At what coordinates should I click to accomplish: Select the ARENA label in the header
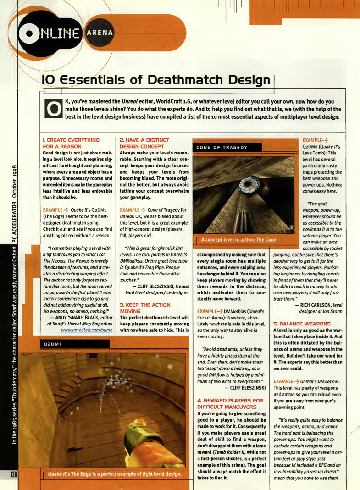pyautogui.click(x=103, y=33)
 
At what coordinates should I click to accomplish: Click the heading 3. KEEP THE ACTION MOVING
pyautogui.click(x=144, y=308)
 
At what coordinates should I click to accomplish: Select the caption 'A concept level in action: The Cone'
pyautogui.click(x=238, y=240)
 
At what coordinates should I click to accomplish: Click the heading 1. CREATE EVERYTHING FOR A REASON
pyautogui.click(x=71, y=143)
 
